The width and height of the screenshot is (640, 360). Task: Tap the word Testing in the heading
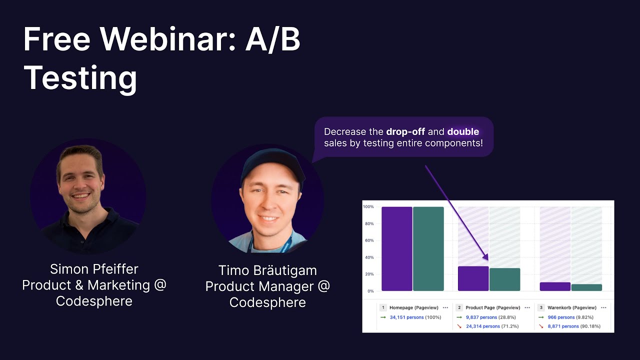click(x=80, y=78)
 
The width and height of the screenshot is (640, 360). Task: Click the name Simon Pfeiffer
click(x=94, y=269)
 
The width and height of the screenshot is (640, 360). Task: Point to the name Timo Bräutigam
click(x=267, y=270)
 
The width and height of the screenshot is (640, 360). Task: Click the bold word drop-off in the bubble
click(x=405, y=132)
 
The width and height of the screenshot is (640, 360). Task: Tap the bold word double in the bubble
click(x=463, y=132)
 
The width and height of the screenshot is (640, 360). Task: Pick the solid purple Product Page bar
click(x=473, y=278)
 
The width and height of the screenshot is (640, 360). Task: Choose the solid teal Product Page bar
click(x=504, y=279)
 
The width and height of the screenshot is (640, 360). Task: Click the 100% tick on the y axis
click(x=368, y=206)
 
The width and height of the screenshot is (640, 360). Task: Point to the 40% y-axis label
click(x=369, y=257)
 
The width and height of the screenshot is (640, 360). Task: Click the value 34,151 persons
click(x=406, y=317)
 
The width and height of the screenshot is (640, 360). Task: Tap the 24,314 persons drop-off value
click(x=482, y=326)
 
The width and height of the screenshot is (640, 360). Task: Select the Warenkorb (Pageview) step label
click(x=572, y=308)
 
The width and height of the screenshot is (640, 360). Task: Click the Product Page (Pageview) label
click(x=492, y=308)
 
